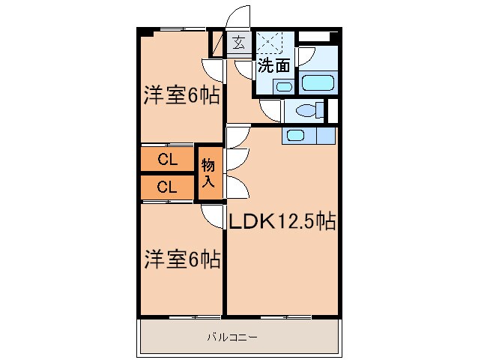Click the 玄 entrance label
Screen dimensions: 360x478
coord(238,43)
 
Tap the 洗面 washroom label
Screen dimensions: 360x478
coord(273,65)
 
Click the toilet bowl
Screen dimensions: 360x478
coord(306,111)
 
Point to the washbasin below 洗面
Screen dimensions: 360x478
coord(282,86)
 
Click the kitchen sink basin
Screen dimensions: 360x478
coord(295,136)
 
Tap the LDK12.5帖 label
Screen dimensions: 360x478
coord(281,222)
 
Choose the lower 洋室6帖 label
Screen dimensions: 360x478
coord(181,260)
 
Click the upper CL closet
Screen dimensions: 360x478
coord(167,159)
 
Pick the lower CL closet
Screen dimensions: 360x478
coord(167,187)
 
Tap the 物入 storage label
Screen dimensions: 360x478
coord(209,173)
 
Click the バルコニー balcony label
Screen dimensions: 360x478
coord(232,337)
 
